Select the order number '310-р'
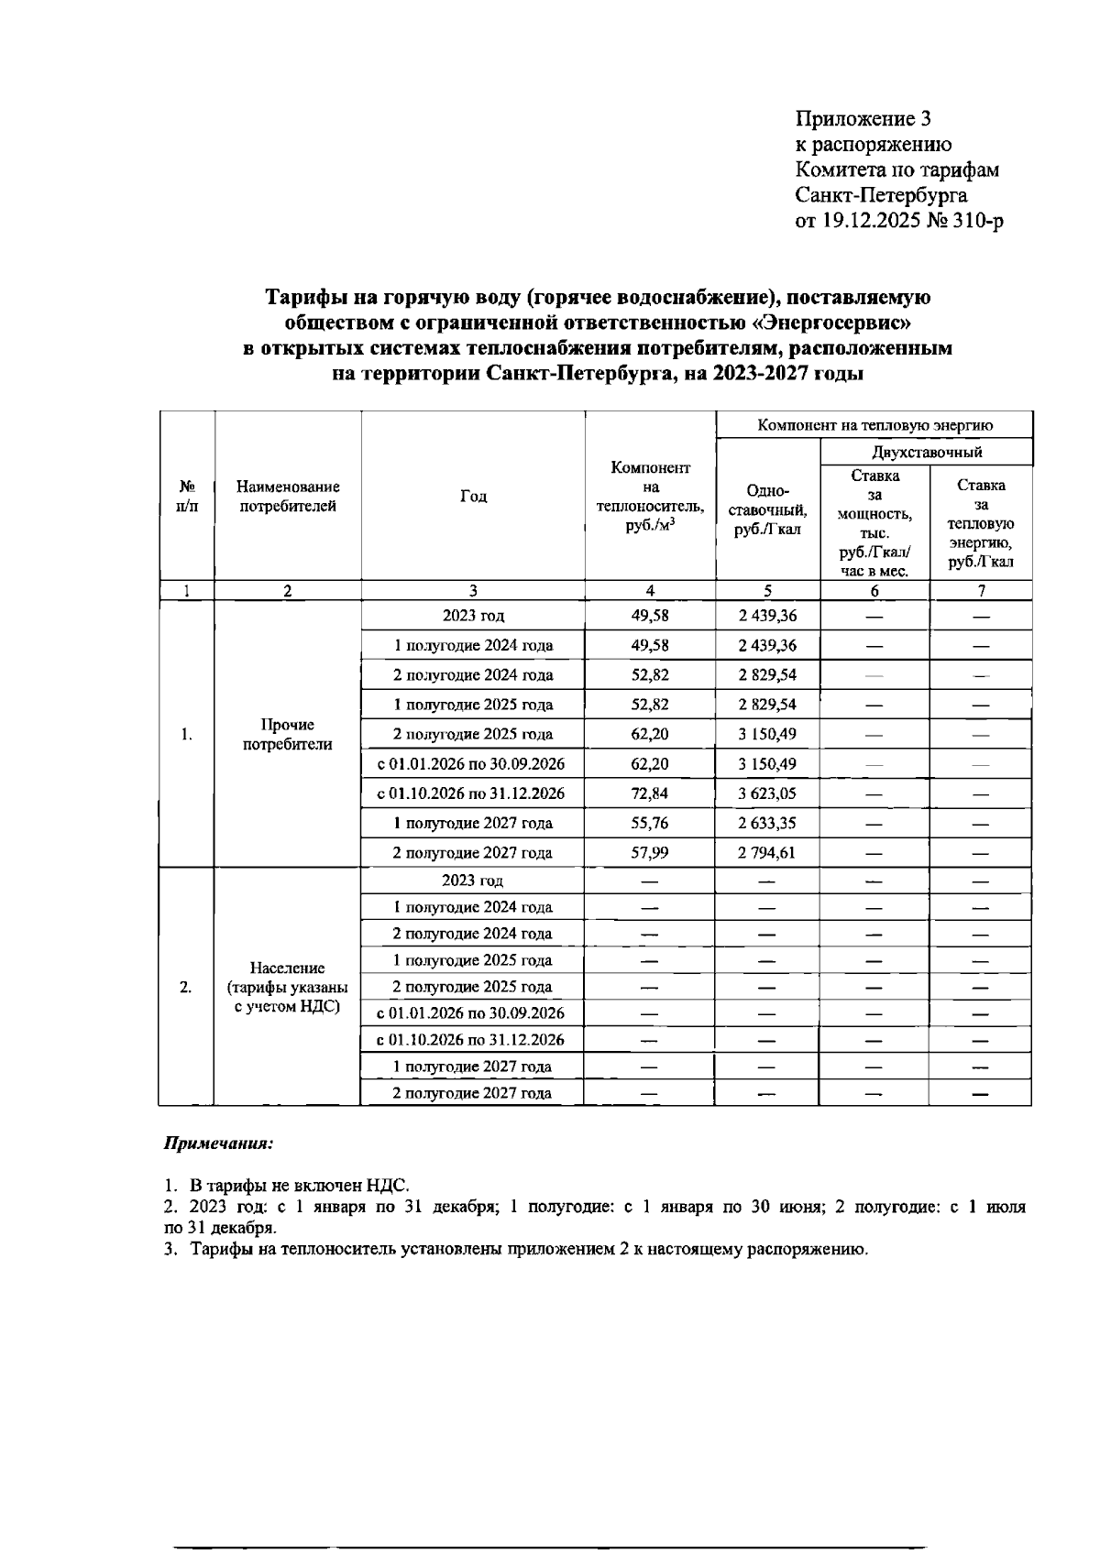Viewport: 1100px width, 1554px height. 974,221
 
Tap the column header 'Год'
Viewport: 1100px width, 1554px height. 473,497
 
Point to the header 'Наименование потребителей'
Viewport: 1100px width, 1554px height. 287,496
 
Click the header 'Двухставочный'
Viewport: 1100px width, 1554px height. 927,452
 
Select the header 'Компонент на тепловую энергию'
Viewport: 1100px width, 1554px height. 874,425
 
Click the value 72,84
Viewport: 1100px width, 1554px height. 650,793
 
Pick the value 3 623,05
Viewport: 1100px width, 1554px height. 767,793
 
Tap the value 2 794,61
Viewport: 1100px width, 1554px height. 767,852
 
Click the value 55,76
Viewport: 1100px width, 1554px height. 650,823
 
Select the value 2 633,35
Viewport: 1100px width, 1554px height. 767,823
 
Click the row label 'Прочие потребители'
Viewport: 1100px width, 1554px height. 287,735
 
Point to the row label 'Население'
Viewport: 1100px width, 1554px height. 287,968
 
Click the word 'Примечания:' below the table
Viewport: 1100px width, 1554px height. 219,1144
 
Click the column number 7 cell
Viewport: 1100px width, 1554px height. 981,592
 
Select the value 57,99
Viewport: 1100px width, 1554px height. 650,852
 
